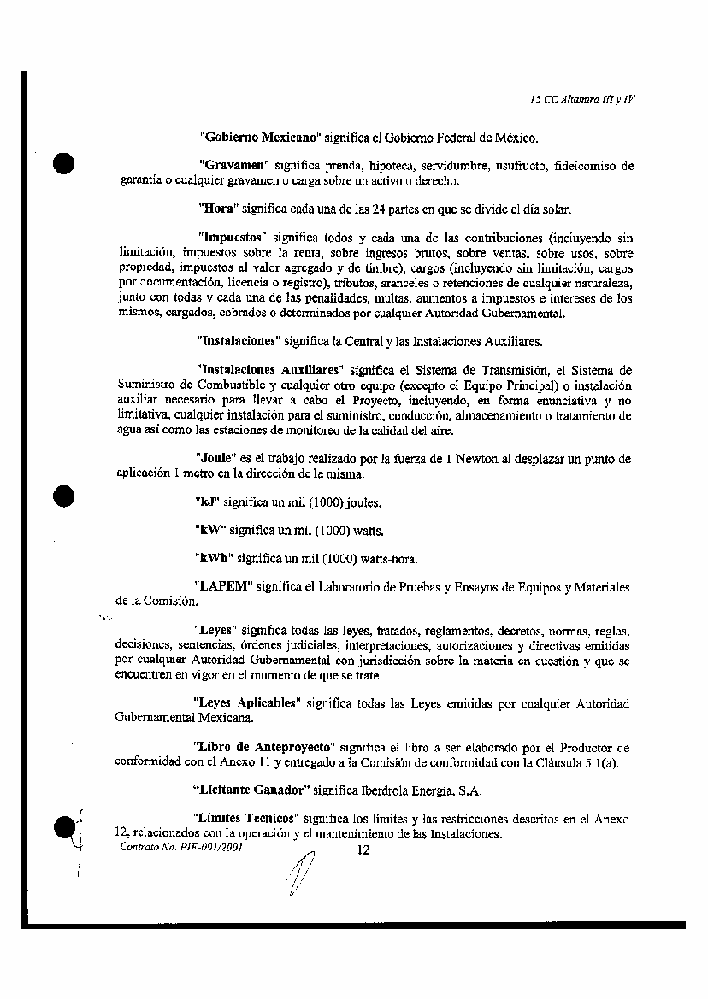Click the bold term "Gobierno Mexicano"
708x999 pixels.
pyautogui.click(x=259, y=137)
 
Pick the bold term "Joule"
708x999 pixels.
pyautogui.click(x=215, y=458)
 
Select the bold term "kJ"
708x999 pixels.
pyautogui.click(x=206, y=502)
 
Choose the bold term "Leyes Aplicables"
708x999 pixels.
pyautogui.click(x=246, y=703)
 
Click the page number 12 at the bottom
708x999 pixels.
pyautogui.click(x=364, y=849)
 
